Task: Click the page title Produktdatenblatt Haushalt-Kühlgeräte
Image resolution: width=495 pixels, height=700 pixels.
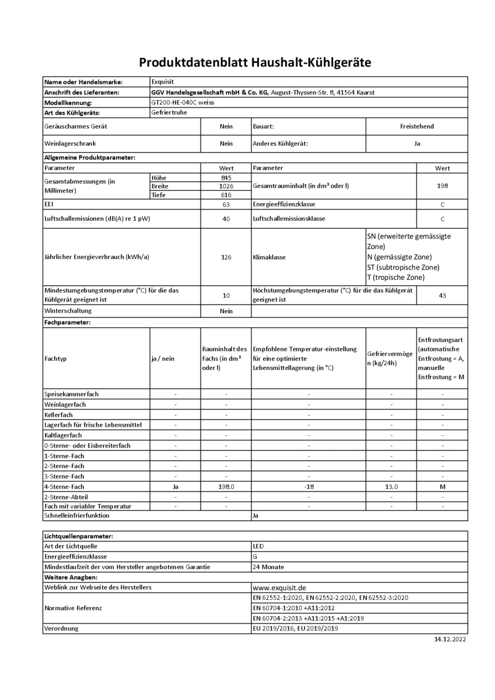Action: pyautogui.click(x=255, y=63)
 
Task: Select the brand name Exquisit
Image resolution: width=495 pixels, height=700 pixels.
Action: pyautogui.click(x=162, y=82)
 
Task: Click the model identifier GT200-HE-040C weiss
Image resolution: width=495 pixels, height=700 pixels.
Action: pyautogui.click(x=183, y=102)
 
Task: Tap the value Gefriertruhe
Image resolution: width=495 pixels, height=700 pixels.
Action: pyautogui.click(x=169, y=112)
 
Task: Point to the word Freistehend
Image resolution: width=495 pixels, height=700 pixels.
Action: pyautogui.click(x=417, y=126)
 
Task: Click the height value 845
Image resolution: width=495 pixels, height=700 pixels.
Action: pyautogui.click(x=226, y=178)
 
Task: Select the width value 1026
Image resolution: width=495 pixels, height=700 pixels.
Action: pyautogui.click(x=226, y=186)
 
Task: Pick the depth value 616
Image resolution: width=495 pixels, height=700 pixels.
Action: pyautogui.click(x=226, y=195)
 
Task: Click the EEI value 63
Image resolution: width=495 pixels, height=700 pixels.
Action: pyautogui.click(x=226, y=204)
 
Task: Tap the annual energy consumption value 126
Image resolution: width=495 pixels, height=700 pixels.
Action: pyautogui.click(x=226, y=257)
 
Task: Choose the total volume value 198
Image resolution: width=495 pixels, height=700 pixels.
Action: pyautogui.click(x=442, y=186)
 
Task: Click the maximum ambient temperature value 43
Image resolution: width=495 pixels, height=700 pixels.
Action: pyautogui.click(x=442, y=296)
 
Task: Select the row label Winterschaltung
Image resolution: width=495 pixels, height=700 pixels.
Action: pyautogui.click(x=68, y=311)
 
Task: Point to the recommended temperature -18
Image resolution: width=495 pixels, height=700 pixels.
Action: pyautogui.click(x=309, y=486)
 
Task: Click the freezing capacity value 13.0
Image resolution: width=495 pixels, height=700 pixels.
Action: pyautogui.click(x=391, y=486)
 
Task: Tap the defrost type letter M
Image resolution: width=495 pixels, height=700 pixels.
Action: pyautogui.click(x=442, y=486)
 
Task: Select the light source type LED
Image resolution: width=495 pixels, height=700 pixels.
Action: pyautogui.click(x=258, y=546)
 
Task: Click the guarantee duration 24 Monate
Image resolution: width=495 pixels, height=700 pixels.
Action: pyautogui.click(x=268, y=567)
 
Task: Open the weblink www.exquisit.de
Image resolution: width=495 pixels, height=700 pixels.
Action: pyautogui.click(x=279, y=588)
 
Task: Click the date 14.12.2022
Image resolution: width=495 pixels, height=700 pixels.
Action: pyautogui.click(x=450, y=639)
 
